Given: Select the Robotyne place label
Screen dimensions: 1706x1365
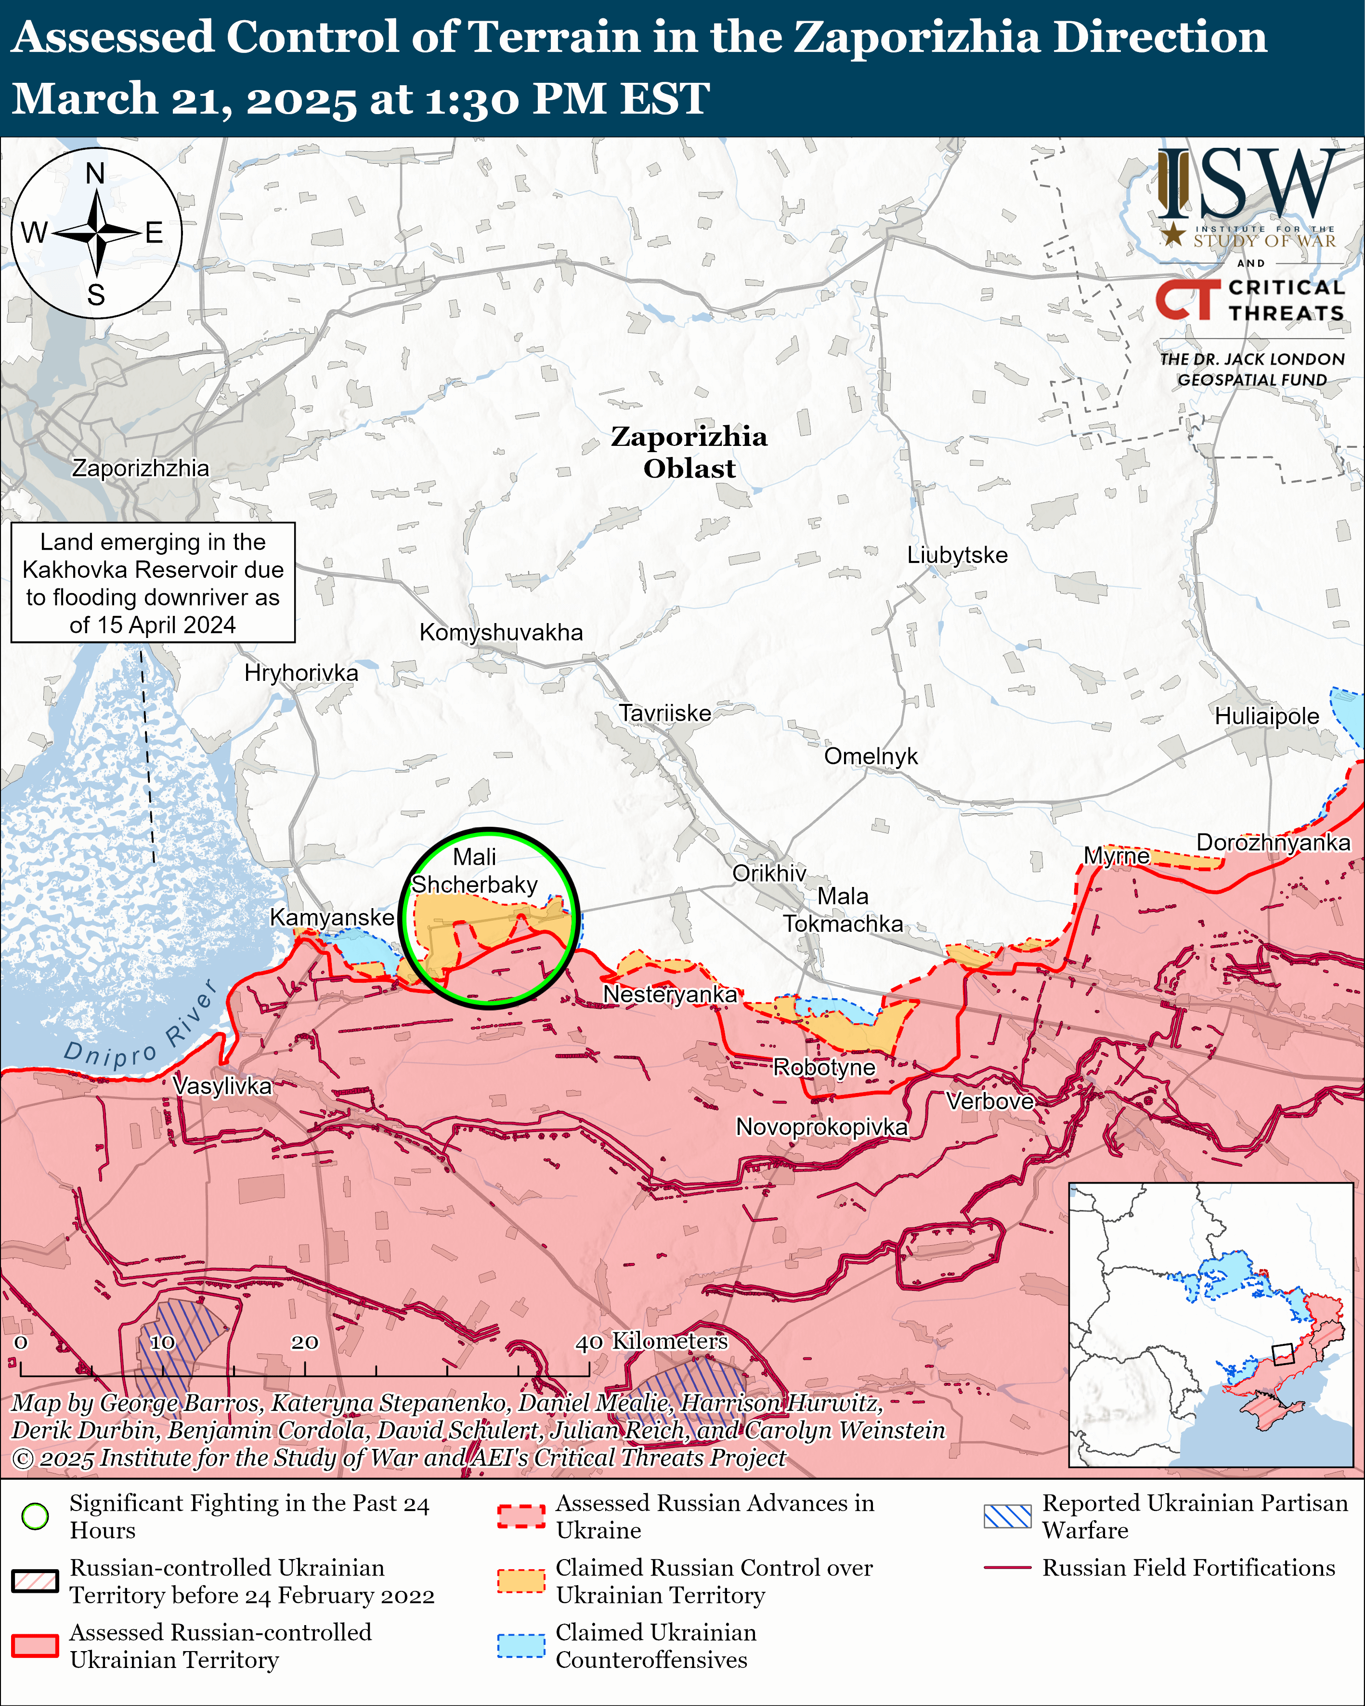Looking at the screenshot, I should pyautogui.click(x=824, y=1068).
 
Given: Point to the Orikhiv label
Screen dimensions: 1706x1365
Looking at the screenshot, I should pyautogui.click(x=768, y=873).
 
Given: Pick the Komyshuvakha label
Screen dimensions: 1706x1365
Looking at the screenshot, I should pyautogui.click(x=501, y=632).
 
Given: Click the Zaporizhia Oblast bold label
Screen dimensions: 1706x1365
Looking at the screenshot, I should pyautogui.click(x=689, y=452).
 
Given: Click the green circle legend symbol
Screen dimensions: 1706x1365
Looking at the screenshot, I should pyautogui.click(x=35, y=1516).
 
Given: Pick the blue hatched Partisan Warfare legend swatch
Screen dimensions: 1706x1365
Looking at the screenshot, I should pyautogui.click(x=1007, y=1516).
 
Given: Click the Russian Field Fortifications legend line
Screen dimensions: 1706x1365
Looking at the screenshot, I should pyautogui.click(x=1007, y=1567).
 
